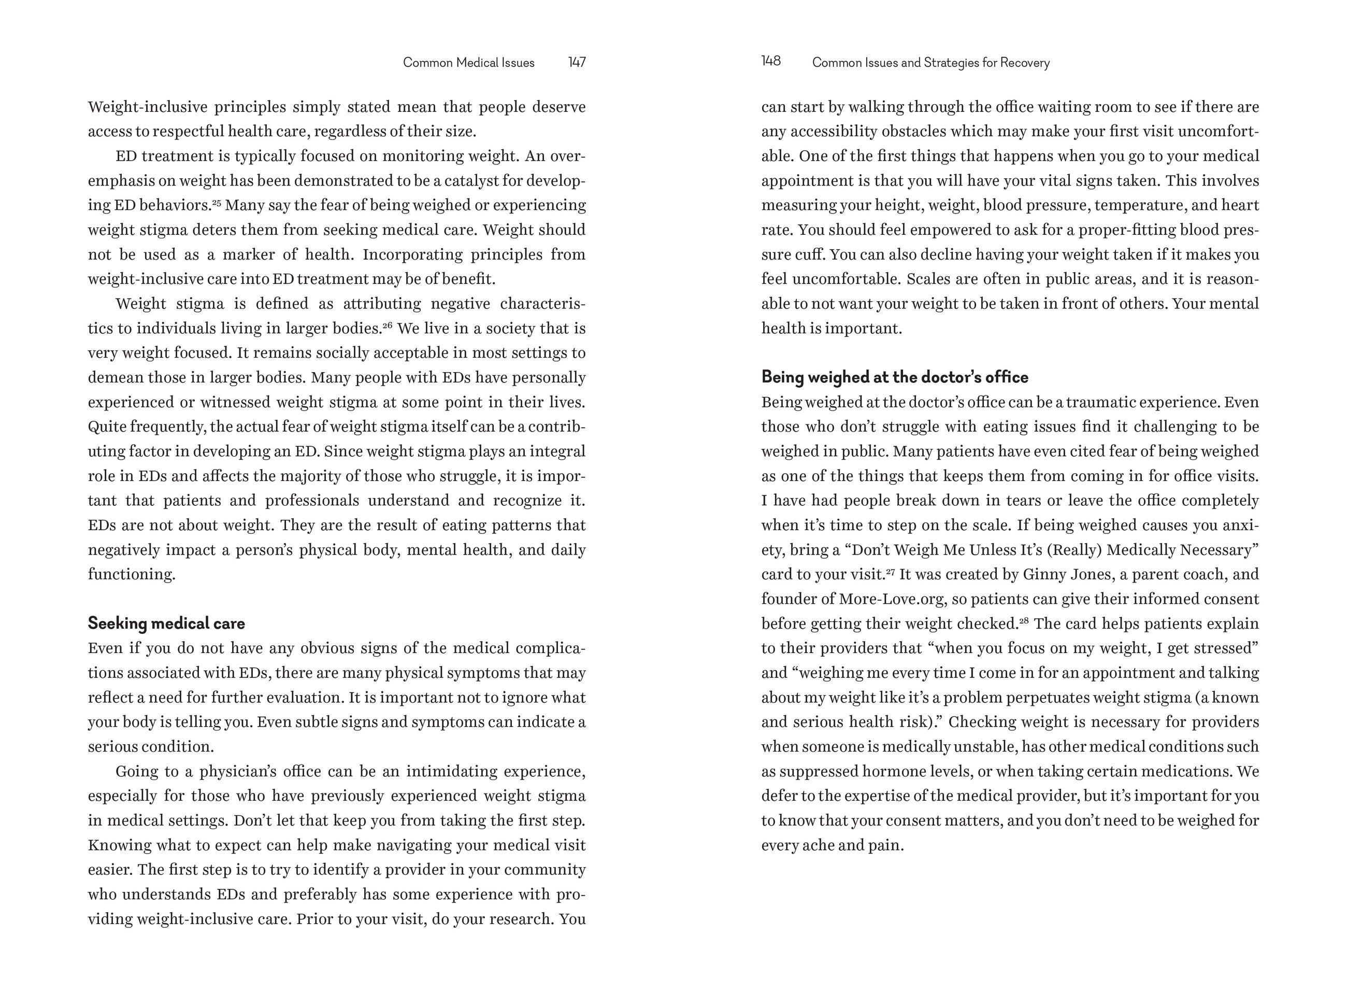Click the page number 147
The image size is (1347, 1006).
tap(577, 63)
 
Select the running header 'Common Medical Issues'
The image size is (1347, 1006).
tap(469, 63)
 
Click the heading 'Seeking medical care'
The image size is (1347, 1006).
tap(166, 624)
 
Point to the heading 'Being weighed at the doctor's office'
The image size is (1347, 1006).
tap(894, 377)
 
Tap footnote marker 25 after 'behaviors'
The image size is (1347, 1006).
tap(216, 202)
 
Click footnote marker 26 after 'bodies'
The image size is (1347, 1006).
tap(387, 325)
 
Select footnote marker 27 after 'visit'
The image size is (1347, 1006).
tap(890, 571)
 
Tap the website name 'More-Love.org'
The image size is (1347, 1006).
tap(892, 599)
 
